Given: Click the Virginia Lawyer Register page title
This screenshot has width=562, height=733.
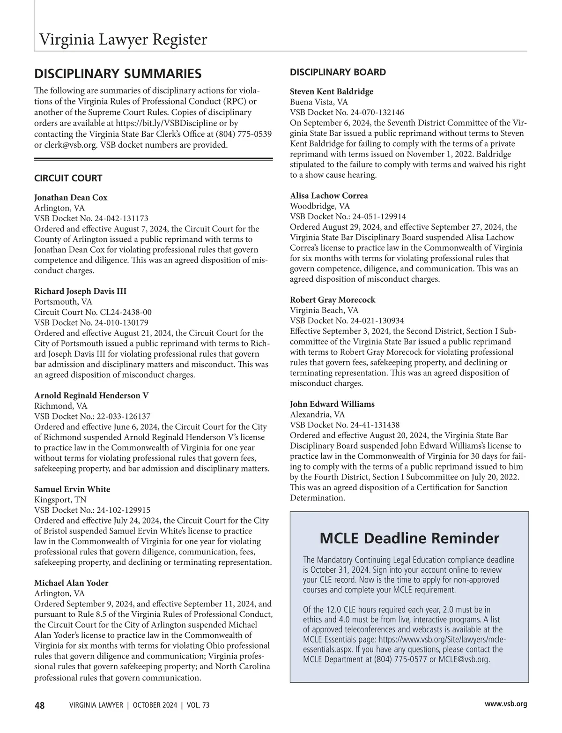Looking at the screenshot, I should pos(123,39).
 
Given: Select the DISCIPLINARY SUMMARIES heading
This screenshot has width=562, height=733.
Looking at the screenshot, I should pos(118,74).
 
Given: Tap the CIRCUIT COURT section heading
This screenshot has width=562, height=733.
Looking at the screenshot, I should pos(68,178).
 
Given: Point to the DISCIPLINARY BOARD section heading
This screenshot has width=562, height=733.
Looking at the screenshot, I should pos(338,72).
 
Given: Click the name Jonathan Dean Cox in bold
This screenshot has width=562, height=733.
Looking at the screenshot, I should pos(71,197).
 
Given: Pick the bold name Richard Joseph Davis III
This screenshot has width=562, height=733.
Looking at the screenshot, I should pos(80,291).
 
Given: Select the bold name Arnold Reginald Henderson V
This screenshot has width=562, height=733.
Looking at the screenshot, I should pos(91,396).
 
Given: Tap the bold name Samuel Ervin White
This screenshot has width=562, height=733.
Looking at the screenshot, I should pos(72,489).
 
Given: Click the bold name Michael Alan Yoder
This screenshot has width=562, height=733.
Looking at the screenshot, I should pos(71,583).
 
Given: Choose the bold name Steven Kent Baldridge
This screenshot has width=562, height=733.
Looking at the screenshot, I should pos(332,91).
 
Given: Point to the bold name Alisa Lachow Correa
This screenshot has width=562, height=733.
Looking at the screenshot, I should pos(329,195).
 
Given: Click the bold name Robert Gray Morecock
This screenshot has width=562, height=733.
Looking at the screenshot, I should pos(333,300).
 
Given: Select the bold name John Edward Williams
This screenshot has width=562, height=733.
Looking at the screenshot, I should pos(332,404).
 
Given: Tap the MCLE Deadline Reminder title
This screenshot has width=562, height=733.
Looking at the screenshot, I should pos(409,538).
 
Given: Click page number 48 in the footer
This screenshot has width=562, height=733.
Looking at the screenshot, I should pos(39,705).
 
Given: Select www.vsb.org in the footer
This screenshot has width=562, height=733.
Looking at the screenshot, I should pos(506,703).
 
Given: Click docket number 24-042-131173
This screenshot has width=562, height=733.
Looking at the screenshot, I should pos(122,218).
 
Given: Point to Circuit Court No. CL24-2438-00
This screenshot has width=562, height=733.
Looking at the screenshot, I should pos(93,312).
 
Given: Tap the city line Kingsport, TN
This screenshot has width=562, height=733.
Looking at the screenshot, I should pos(60,500).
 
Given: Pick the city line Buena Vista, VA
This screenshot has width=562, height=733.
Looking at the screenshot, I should pos(319,102).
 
